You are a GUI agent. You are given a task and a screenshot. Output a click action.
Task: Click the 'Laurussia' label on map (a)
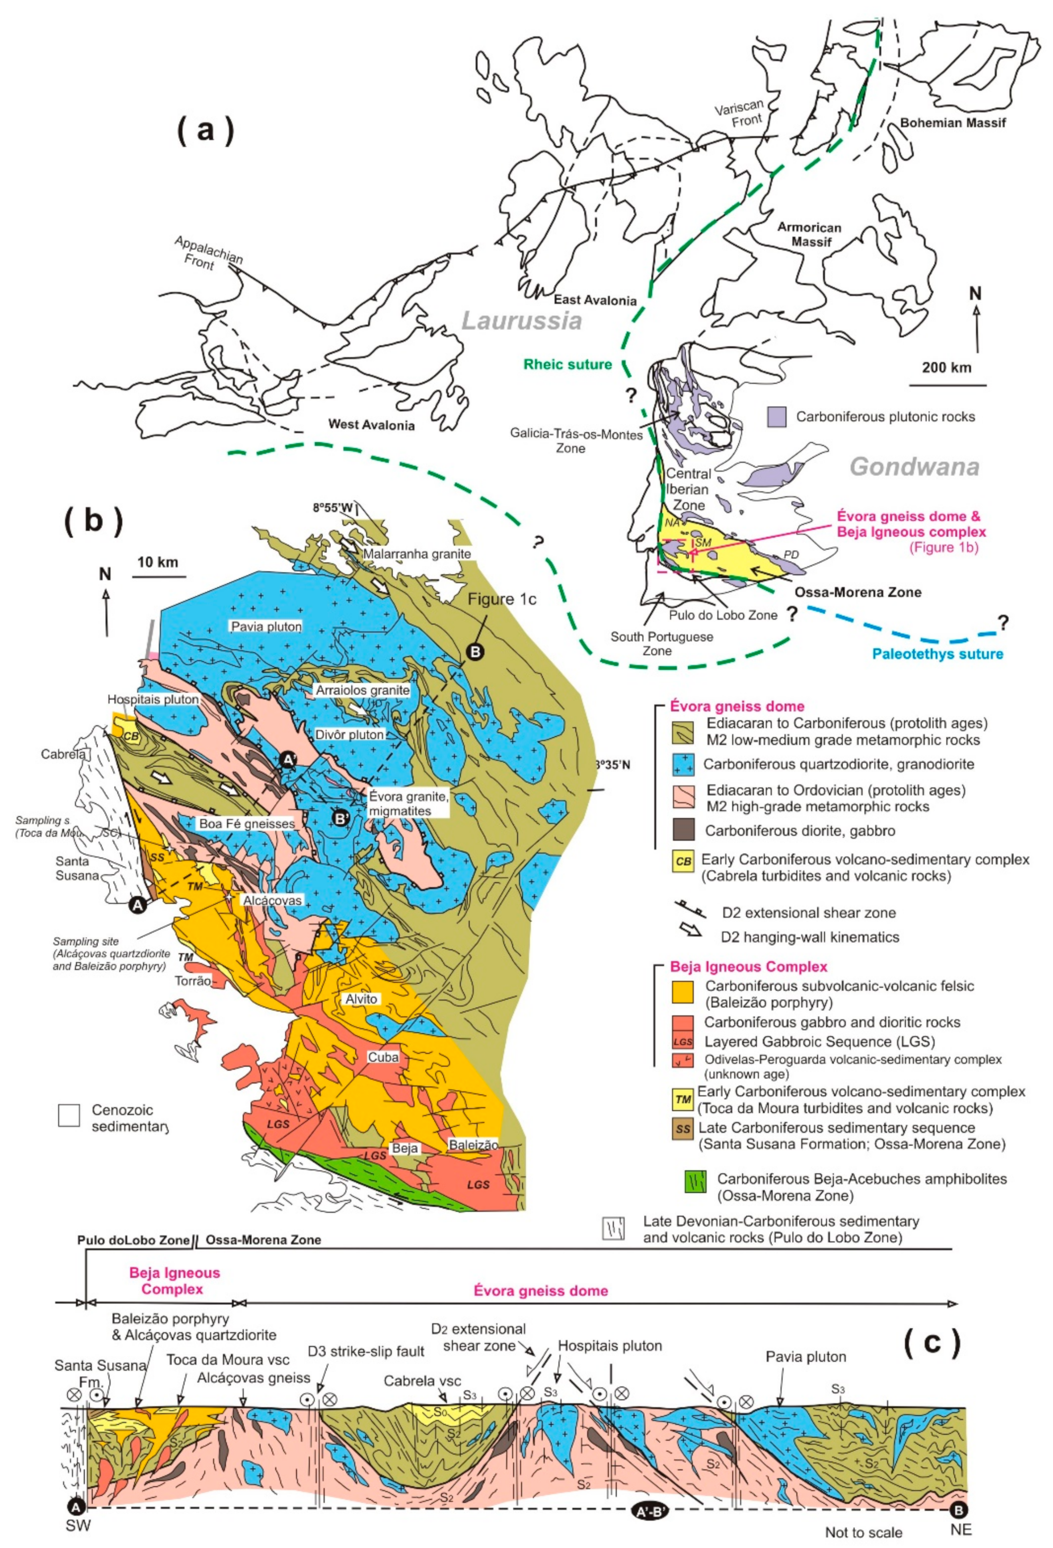(521, 322)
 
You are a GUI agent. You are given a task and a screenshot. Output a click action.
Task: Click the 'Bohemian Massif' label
(952, 123)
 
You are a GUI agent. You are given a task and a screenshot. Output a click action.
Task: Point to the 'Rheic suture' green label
(568, 364)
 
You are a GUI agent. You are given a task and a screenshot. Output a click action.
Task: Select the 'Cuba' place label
(383, 1057)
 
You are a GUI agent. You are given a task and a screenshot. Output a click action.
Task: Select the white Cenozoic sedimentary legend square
(69, 1115)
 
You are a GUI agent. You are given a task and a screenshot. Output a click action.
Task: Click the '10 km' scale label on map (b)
(158, 562)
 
